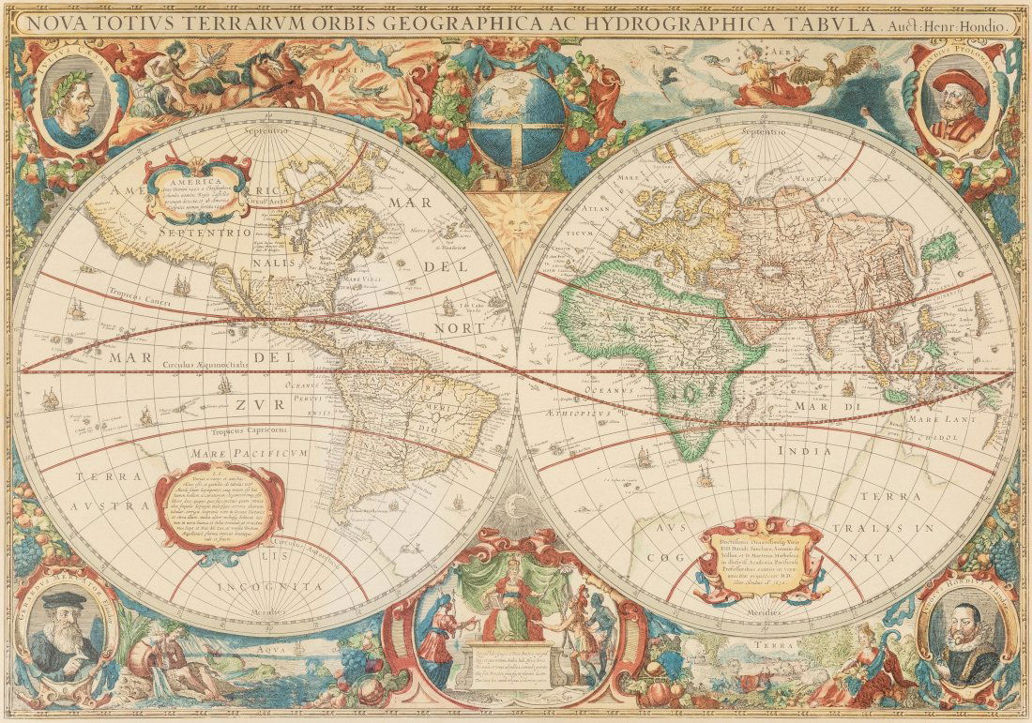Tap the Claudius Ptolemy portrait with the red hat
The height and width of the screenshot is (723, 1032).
click(958, 101)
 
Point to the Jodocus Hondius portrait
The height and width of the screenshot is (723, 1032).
click(966, 637)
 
